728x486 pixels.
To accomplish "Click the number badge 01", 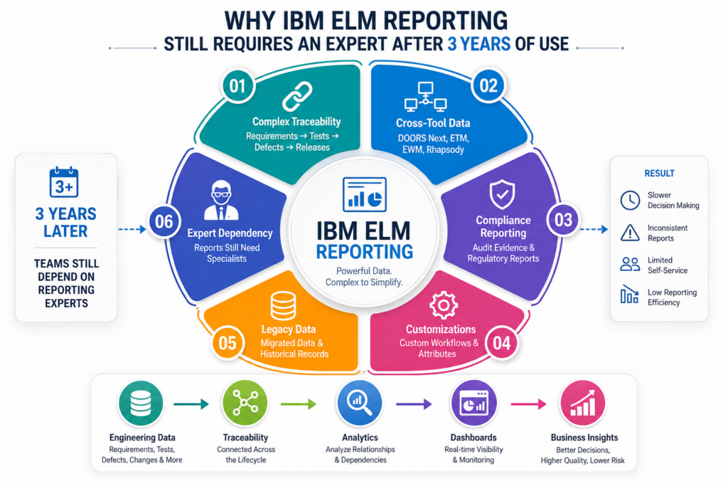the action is (237, 86).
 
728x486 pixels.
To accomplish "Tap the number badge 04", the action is (501, 344).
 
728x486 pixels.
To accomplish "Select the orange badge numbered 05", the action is (227, 344).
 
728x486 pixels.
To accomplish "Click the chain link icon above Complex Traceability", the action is (297, 97).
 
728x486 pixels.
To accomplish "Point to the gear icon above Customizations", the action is (444, 305).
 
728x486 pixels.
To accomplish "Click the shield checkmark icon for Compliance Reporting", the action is (503, 195).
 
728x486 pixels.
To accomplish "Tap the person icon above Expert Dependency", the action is (221, 200).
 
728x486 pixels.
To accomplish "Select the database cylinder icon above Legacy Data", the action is (283, 306).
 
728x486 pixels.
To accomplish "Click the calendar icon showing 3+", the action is (64, 182).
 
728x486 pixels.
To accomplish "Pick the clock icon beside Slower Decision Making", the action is (630, 200).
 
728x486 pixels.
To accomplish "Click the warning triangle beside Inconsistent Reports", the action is (630, 232).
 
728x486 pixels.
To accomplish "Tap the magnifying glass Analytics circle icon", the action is (360, 403).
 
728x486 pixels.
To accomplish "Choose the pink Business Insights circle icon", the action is (583, 403).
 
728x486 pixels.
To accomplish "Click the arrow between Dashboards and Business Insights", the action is (528, 404).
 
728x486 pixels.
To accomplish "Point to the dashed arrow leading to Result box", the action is (594, 229).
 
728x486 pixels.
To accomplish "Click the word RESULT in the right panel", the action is (659, 174).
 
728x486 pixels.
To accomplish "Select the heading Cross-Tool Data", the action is (433, 123).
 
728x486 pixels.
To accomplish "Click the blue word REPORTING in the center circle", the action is (365, 251).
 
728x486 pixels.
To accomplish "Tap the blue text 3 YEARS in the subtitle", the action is (479, 44).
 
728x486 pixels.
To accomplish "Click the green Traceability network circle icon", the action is (245, 403).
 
